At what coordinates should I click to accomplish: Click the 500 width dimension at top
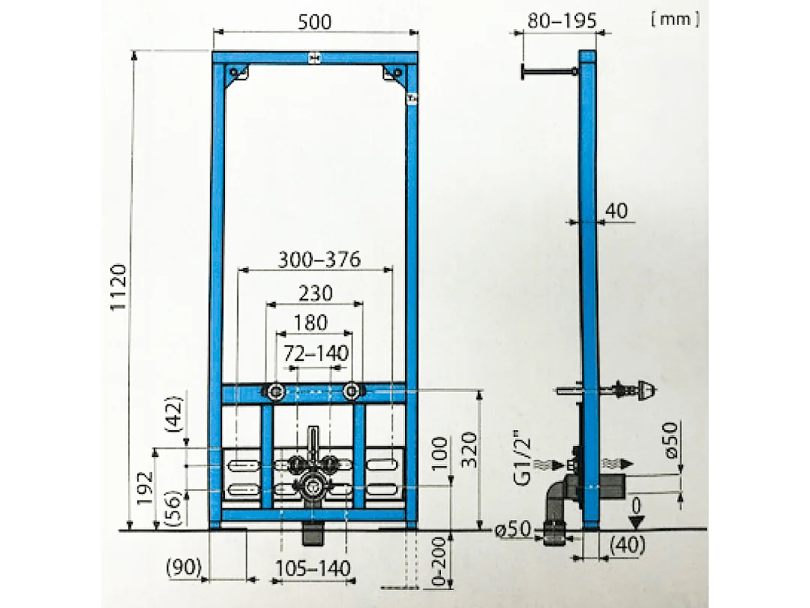314,22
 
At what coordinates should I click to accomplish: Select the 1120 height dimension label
119,289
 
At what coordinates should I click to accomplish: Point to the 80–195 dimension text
562,20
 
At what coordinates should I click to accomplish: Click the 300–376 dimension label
319,260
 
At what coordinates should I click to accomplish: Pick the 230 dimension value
315,293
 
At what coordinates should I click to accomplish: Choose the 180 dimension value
310,323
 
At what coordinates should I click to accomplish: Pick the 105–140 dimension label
313,568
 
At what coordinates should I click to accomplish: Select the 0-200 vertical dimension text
439,560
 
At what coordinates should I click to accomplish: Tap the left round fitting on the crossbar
275,391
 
